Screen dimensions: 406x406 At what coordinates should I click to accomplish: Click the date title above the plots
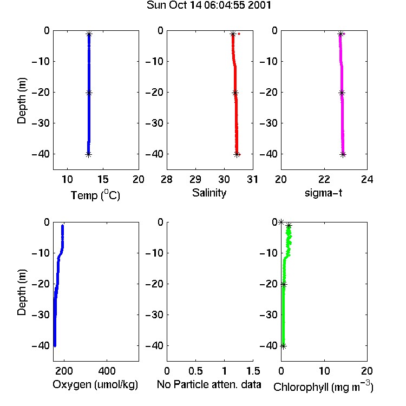(x=209, y=5)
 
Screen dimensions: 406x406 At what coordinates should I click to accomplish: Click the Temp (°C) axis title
(x=95, y=195)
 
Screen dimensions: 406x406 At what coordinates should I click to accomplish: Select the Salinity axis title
(x=209, y=193)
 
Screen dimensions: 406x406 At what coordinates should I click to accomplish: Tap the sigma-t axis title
(x=323, y=193)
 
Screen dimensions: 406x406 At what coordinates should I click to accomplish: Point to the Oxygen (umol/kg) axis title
(x=95, y=384)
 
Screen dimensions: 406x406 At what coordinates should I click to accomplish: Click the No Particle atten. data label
(x=209, y=384)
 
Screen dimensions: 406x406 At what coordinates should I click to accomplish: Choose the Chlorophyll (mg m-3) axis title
(x=323, y=387)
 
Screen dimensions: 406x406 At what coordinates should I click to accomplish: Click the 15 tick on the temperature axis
(x=103, y=179)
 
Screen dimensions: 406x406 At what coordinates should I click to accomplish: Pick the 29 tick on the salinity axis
(x=195, y=179)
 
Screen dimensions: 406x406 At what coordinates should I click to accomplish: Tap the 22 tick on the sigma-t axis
(x=324, y=179)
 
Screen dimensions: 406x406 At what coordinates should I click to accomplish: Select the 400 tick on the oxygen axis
(x=107, y=371)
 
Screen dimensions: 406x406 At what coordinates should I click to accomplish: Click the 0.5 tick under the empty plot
(x=195, y=371)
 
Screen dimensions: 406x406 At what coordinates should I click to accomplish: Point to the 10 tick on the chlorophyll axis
(x=324, y=371)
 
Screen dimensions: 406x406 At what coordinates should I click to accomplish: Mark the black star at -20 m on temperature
(x=89, y=93)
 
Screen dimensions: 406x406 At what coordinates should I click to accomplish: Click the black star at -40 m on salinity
(x=237, y=155)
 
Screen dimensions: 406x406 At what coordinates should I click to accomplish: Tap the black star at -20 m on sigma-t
(x=342, y=93)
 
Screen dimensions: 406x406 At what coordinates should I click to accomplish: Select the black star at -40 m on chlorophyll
(x=284, y=346)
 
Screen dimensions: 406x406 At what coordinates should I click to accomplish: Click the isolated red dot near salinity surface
(x=239, y=34)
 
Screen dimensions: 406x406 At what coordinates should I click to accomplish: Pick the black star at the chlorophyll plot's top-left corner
(x=281, y=222)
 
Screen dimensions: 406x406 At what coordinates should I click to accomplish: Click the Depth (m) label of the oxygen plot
(x=22, y=292)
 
